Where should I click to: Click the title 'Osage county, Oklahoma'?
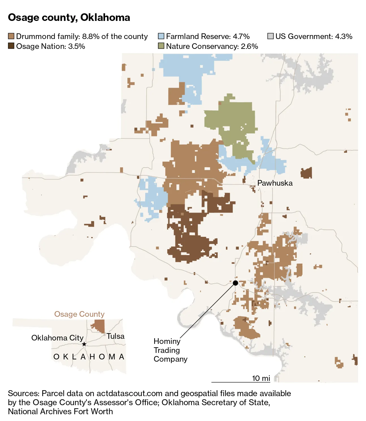pos(69,18)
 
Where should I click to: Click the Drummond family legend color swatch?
pos(11,36)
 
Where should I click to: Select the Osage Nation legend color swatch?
pos(11,46)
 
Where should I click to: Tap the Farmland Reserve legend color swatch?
pos(161,36)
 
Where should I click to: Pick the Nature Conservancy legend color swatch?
pos(161,46)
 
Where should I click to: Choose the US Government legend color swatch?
pos(271,36)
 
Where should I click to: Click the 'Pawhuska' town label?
pos(275,183)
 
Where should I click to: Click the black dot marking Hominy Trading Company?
pos(236,283)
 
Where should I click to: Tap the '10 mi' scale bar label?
pos(261,378)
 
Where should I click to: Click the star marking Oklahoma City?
pos(84,344)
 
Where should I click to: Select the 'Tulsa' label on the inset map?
pos(116,336)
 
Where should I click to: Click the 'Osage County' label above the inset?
pos(79,314)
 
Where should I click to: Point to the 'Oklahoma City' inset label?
pos(57,338)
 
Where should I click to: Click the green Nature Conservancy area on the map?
pos(232,119)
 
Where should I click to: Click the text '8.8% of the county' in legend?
pos(115,36)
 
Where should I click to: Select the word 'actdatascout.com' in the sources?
pos(129,393)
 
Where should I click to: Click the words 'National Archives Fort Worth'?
pos(60,411)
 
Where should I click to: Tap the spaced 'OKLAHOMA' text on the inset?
pos(89,357)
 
